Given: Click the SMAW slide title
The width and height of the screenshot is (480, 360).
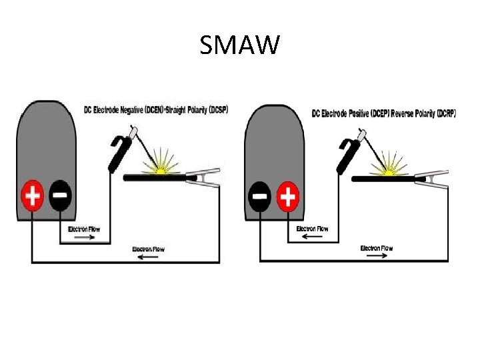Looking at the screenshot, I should click(x=240, y=46).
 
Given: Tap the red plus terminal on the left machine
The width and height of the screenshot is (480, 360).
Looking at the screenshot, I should click(x=33, y=196).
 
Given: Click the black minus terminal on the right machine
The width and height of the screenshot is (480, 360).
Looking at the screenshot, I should click(x=260, y=196).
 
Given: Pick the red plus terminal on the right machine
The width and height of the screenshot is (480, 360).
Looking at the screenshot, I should click(x=288, y=196).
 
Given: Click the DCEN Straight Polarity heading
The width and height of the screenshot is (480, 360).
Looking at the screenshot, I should click(x=155, y=109).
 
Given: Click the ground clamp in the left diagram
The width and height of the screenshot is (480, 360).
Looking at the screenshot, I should click(x=201, y=178).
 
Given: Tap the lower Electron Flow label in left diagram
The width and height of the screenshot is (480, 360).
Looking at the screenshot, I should click(x=148, y=249).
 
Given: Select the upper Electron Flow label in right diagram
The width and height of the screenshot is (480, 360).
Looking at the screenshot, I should click(x=312, y=229).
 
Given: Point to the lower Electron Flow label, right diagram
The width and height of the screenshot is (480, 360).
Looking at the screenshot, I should click(x=377, y=249).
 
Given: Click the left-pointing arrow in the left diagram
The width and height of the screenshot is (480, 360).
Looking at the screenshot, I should click(x=149, y=257).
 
